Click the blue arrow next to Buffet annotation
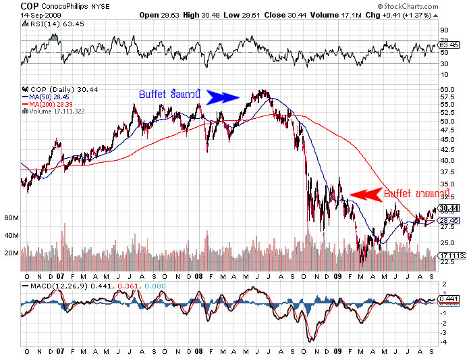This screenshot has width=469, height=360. pos(223,97)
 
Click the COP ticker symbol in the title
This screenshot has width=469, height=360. pos(28,6)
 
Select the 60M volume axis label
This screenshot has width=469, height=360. pos(10,218)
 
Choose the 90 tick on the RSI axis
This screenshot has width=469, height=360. pos(443,30)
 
